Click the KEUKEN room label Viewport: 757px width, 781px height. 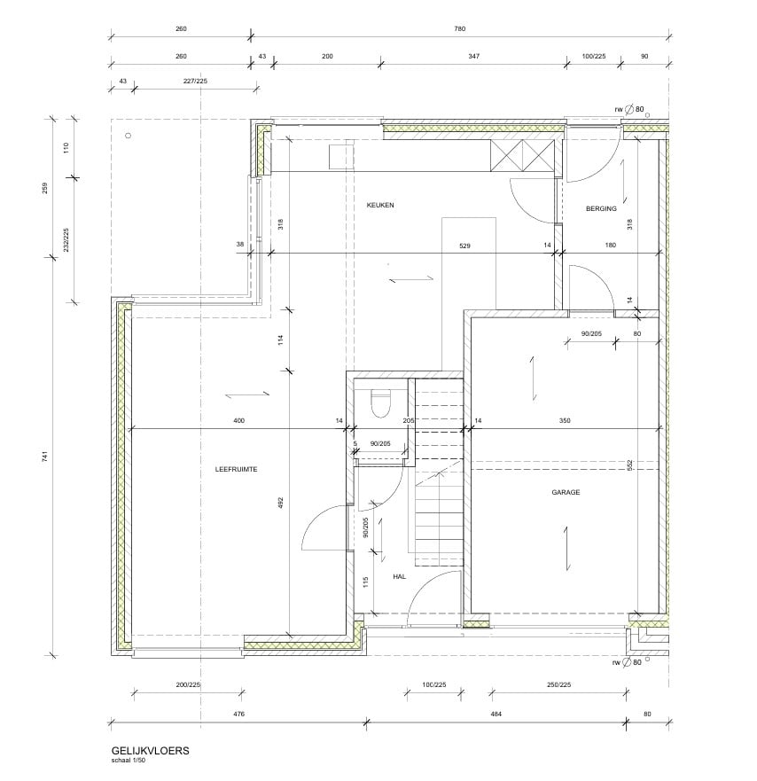(x=380, y=205)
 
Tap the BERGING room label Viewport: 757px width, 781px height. (x=601, y=208)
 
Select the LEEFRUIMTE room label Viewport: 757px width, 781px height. (x=236, y=469)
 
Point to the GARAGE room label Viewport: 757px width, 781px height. (x=566, y=492)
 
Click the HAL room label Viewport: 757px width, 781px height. (x=400, y=576)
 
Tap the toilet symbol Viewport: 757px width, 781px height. (x=382, y=402)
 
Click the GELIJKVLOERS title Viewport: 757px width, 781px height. (x=150, y=751)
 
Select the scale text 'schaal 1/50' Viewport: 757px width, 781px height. (x=129, y=761)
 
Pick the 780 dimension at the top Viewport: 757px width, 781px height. (x=460, y=29)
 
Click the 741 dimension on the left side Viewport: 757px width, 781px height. (x=45, y=457)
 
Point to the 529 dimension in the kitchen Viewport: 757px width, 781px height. (x=464, y=246)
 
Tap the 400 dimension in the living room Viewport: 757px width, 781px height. (x=239, y=420)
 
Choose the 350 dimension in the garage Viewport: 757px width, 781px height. (x=565, y=420)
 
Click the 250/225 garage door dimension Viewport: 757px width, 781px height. (x=558, y=684)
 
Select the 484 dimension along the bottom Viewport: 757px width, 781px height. (x=496, y=714)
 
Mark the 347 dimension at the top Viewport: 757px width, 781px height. (x=473, y=56)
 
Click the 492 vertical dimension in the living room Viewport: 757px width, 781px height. (x=280, y=502)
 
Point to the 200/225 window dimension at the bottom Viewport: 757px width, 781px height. (x=188, y=685)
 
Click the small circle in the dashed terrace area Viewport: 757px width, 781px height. (x=129, y=136)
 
